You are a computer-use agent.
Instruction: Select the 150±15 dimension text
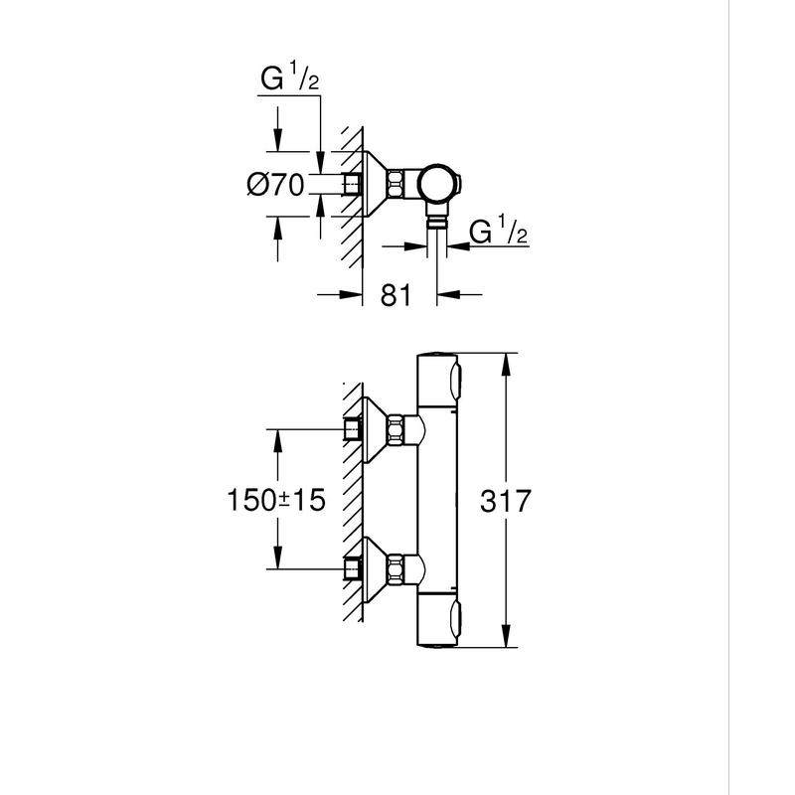pyautogui.click(x=277, y=500)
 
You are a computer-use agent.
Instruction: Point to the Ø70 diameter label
pyautogui.click(x=277, y=184)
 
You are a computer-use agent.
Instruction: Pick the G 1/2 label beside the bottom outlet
pyautogui.click(x=496, y=236)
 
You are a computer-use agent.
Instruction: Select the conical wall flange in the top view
pyautogui.click(x=374, y=184)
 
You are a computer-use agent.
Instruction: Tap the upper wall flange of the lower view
pyautogui.click(x=374, y=429)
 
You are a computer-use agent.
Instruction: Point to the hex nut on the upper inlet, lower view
pyautogui.click(x=398, y=429)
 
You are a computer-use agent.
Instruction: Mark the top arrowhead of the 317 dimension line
pyautogui.click(x=508, y=361)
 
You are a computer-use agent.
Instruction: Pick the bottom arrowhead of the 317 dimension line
pyautogui.click(x=508, y=641)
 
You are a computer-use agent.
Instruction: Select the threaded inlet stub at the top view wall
pyautogui.click(x=350, y=184)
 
